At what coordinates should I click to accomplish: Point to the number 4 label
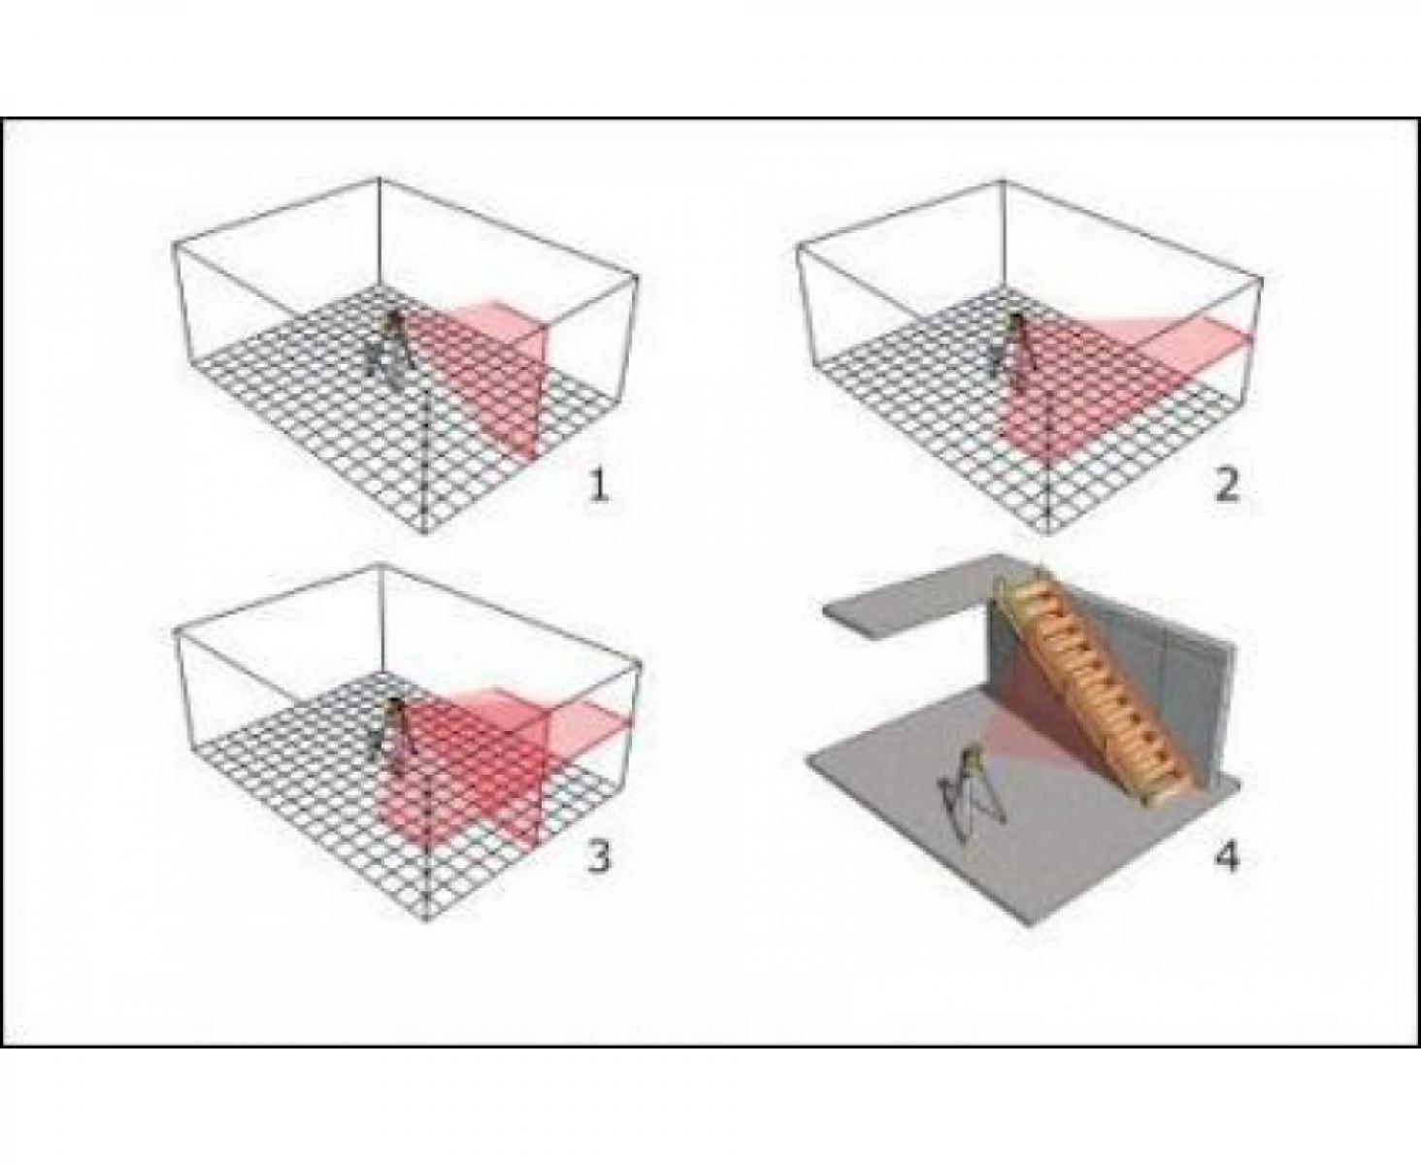click(x=1226, y=858)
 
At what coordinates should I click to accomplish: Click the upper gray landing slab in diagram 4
click(x=909, y=596)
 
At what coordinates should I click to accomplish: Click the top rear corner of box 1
click(x=380, y=180)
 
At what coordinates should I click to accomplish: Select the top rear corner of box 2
click(x=1004, y=181)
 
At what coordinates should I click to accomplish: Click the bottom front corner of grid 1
click(x=423, y=532)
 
